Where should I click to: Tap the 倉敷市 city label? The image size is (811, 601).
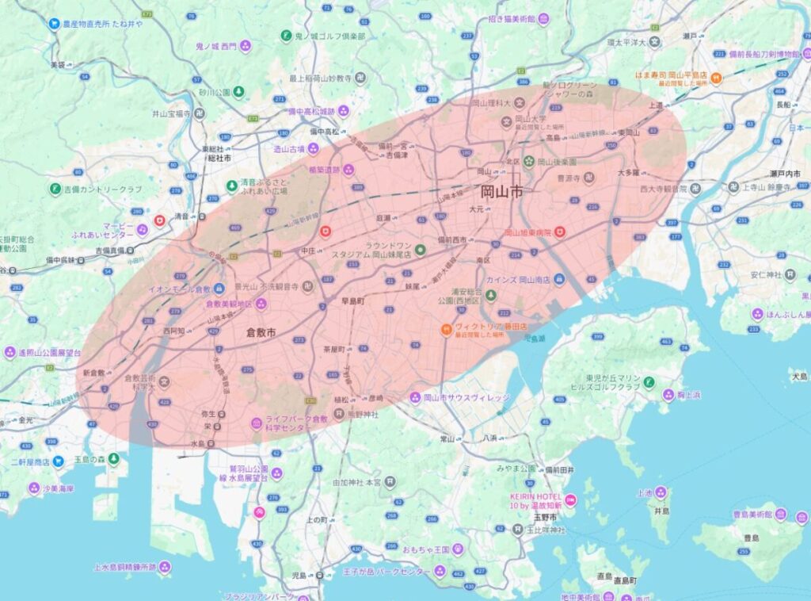[261, 332]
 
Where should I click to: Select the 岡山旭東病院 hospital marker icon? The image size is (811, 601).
[559, 232]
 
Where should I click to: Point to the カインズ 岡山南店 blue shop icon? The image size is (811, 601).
[559, 279]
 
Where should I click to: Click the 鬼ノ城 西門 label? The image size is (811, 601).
[215, 46]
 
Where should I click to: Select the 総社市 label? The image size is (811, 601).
[218, 159]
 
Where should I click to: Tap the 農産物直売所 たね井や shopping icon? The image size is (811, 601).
[55, 24]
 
